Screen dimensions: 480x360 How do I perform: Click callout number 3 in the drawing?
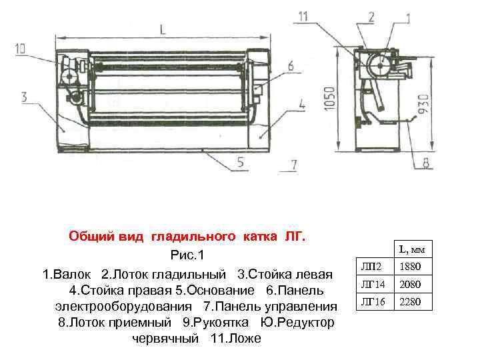point(24,97)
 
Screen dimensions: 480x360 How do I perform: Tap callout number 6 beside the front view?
point(291,65)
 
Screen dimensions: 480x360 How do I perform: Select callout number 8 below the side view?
point(425,161)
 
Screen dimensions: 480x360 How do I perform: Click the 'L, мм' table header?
point(412,249)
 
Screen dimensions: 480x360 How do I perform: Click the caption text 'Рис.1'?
point(189,256)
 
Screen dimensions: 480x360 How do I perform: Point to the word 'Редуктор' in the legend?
point(303,323)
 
